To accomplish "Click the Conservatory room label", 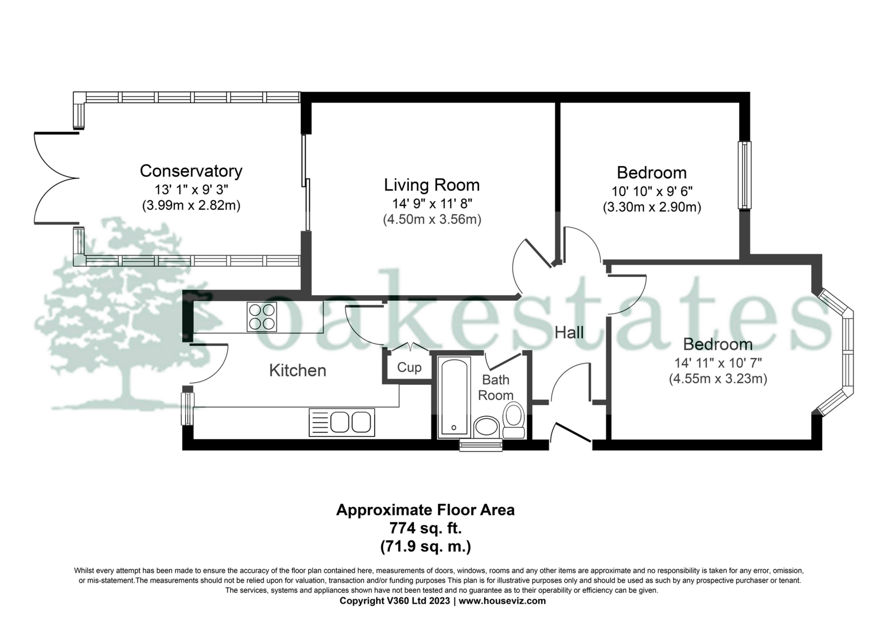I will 191,171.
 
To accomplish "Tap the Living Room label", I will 432,185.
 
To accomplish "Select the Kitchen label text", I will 298,370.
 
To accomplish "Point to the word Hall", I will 569,333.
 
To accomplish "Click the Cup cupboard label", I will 409,368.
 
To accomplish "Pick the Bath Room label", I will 496,388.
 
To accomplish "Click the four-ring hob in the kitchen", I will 262,317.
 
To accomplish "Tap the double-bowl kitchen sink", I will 341,422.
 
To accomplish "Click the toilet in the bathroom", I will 514,419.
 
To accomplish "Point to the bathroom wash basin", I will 486,426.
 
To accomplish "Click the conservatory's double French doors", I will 55,179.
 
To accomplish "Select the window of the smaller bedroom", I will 744,175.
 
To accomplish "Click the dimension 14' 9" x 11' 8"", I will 432,203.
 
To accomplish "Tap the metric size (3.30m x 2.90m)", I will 652,207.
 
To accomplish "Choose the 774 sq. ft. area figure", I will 425,527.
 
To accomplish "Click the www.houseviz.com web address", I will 502,601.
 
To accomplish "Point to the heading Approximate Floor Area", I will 425,510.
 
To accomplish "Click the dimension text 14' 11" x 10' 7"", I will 718,363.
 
